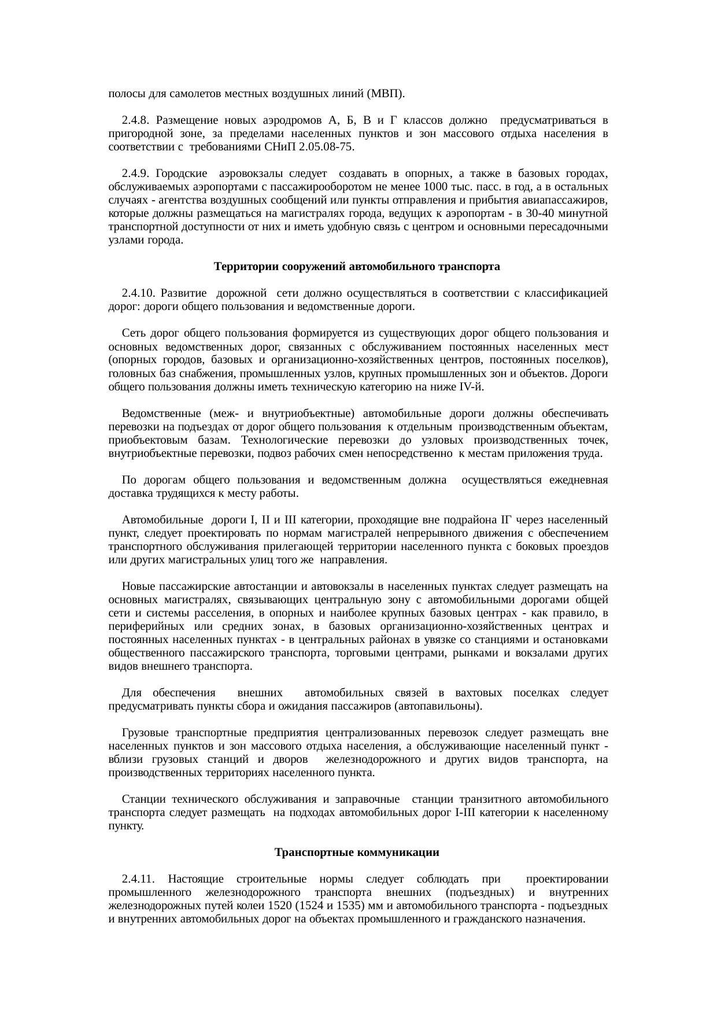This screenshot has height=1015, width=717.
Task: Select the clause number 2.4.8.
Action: pyautogui.click(x=136, y=120)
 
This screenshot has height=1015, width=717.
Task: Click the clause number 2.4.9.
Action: pyautogui.click(x=136, y=174)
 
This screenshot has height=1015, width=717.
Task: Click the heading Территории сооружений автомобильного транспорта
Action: pyautogui.click(x=357, y=267)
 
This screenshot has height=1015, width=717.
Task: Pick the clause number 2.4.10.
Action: pyautogui.click(x=139, y=293)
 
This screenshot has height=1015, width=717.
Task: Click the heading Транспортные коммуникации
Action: pyautogui.click(x=357, y=852)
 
